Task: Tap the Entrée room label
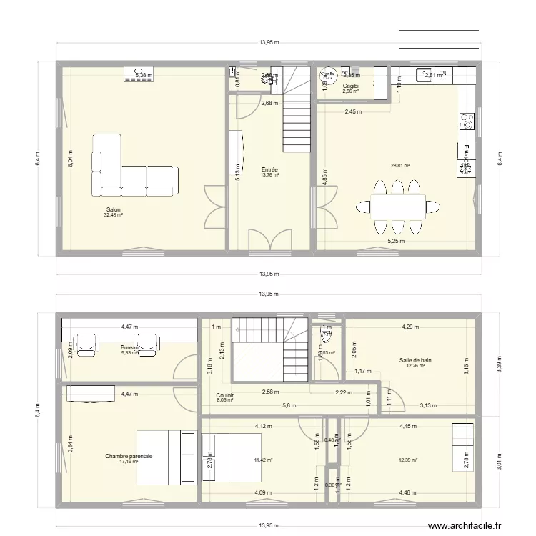[269, 170]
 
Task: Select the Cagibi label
[350, 86]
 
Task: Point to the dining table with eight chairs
[397, 206]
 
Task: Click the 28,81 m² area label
[400, 166]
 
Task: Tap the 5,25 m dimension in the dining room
[396, 242]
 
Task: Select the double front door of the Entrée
[270, 239]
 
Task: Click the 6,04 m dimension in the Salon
[70, 158]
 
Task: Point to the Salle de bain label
[415, 361]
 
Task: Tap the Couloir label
[225, 394]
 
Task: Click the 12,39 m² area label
[409, 461]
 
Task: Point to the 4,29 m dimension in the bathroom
[410, 327]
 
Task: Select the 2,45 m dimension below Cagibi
[353, 111]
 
